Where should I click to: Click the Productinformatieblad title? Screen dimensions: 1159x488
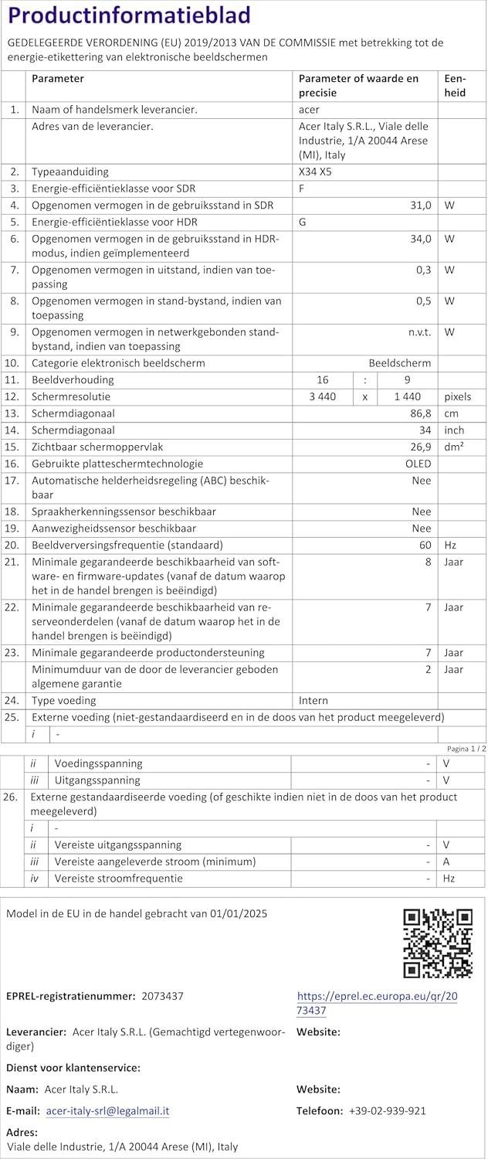pyautogui.click(x=129, y=16)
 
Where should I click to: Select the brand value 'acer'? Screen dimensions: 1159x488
pyautogui.click(x=309, y=110)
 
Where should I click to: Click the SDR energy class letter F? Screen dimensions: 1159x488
pyautogui.click(x=302, y=189)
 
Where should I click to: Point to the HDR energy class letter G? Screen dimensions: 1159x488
pyautogui.click(x=303, y=222)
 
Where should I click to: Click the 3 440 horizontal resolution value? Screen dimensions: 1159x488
pyautogui.click(x=322, y=396)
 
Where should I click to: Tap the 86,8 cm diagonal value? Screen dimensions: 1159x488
pyautogui.click(x=419, y=413)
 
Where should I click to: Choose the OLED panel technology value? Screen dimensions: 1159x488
pyautogui.click(x=418, y=464)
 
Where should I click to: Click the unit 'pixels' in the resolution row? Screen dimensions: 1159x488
pyautogui.click(x=458, y=396)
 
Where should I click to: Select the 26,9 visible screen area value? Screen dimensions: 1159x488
pyautogui.click(x=419, y=447)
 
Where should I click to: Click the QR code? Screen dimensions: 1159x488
pyautogui.click(x=438, y=943)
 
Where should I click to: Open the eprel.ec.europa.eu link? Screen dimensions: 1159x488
pyautogui.click(x=377, y=1003)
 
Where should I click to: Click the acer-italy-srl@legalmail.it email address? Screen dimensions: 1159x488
pyautogui.click(x=107, y=1110)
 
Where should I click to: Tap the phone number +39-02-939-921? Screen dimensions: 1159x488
pyautogui.click(x=387, y=1110)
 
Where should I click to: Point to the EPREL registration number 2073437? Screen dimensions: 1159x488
pyautogui.click(x=162, y=996)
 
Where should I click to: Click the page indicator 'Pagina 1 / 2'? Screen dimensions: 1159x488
pyautogui.click(x=466, y=749)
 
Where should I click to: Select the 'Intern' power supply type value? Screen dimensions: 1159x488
pyautogui.click(x=313, y=700)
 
